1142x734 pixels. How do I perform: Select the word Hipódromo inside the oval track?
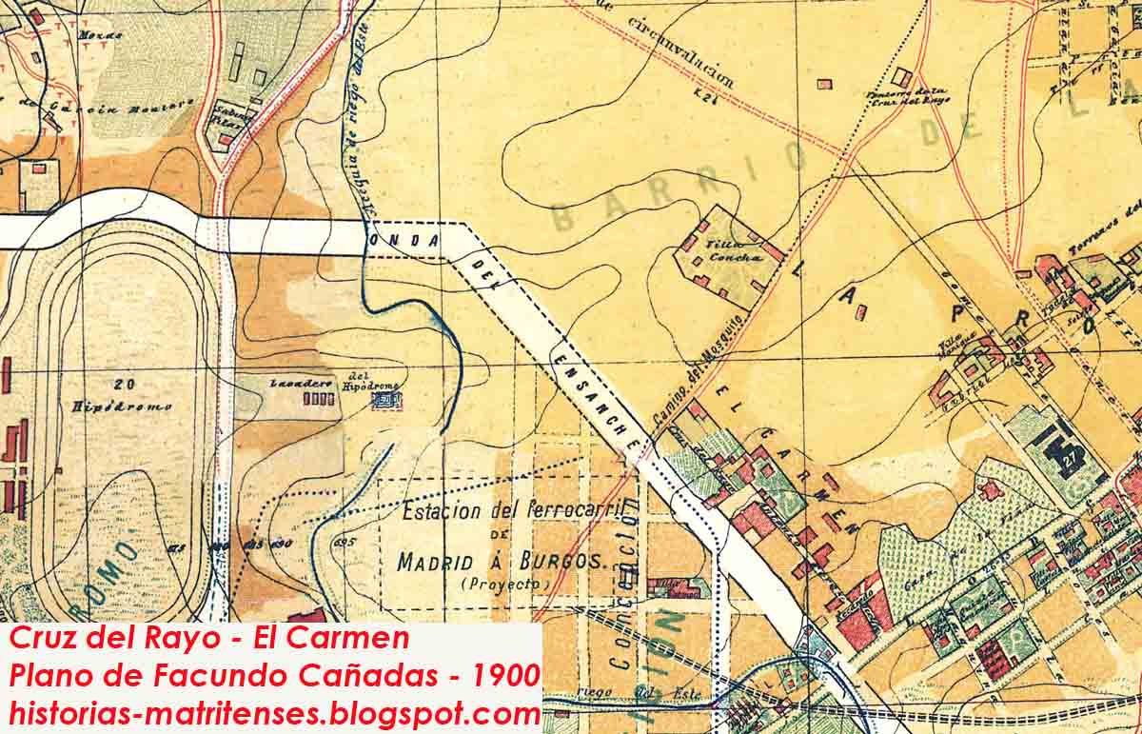click(122, 406)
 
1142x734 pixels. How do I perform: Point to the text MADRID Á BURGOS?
click(501, 561)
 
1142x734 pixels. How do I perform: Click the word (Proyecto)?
click(493, 583)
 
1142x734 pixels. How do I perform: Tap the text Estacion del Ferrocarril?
click(512, 511)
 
